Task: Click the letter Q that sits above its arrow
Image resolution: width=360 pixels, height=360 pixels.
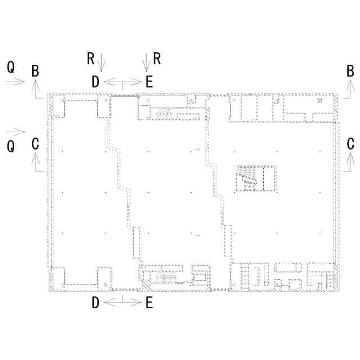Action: (x=11, y=67)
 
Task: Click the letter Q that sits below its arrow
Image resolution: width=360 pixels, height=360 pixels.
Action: (x=11, y=146)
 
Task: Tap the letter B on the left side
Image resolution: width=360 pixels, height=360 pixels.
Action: (x=35, y=71)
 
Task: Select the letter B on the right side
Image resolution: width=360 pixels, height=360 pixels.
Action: (x=350, y=71)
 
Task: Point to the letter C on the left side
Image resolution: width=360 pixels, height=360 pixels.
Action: (x=35, y=144)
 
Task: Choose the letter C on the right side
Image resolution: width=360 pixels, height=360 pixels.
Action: (x=350, y=144)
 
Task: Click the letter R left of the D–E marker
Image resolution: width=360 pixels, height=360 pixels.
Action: (x=91, y=58)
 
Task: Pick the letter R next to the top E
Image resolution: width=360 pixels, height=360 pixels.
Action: (x=157, y=58)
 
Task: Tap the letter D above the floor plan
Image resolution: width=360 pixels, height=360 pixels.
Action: (x=96, y=82)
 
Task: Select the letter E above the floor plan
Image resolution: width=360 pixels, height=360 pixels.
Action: (x=149, y=82)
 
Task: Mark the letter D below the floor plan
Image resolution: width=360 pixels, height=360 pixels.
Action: (x=96, y=303)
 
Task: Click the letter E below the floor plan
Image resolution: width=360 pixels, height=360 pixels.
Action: (x=149, y=303)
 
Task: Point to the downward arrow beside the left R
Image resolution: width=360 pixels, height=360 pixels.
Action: (x=101, y=62)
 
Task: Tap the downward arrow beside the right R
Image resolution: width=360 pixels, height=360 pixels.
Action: (x=146, y=62)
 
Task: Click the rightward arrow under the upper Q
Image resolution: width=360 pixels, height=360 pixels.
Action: (x=15, y=82)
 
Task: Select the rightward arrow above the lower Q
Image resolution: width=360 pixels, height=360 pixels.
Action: (x=15, y=132)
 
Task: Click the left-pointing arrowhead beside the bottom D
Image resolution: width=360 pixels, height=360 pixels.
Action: (x=110, y=303)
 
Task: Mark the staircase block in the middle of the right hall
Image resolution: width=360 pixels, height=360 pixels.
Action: (x=256, y=179)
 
